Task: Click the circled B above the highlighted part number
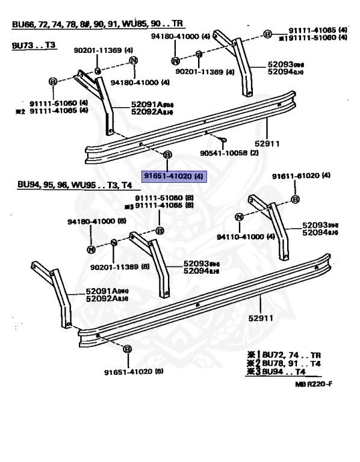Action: click(167, 155)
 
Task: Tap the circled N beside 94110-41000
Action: click(238, 218)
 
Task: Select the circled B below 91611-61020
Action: click(295, 200)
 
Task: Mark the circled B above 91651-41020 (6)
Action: click(127, 350)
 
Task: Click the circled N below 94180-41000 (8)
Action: click(91, 250)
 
